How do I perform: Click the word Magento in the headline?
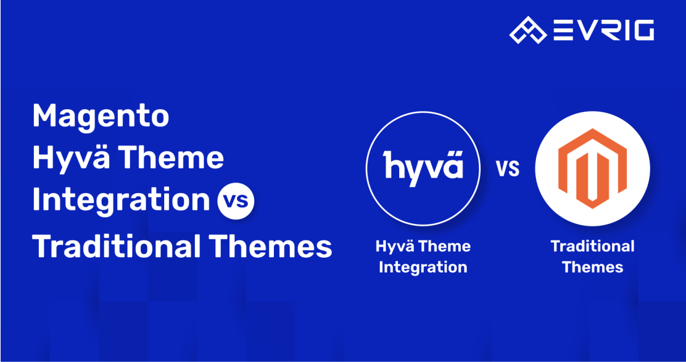click(x=101, y=116)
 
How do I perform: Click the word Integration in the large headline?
click(x=121, y=200)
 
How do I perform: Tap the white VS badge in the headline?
click(x=236, y=201)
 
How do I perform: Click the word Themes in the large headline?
click(x=270, y=247)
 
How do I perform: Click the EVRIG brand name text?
click(x=603, y=30)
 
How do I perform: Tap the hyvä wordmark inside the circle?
click(x=423, y=167)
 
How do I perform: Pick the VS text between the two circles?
click(x=507, y=168)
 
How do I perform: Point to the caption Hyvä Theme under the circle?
click(x=423, y=247)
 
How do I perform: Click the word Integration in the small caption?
click(x=423, y=267)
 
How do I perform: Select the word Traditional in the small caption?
click(x=592, y=247)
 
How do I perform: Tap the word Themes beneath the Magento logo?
click(x=592, y=267)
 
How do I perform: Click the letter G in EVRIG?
click(x=641, y=30)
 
